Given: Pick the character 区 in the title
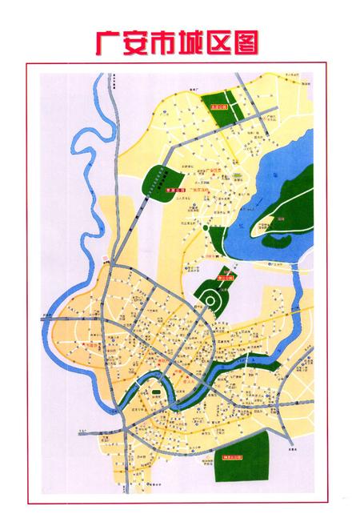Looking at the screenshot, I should (x=228, y=40).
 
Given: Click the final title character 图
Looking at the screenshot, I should (x=257, y=40).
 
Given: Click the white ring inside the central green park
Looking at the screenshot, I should (x=212, y=301).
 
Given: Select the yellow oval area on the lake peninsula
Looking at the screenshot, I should (x=274, y=226).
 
